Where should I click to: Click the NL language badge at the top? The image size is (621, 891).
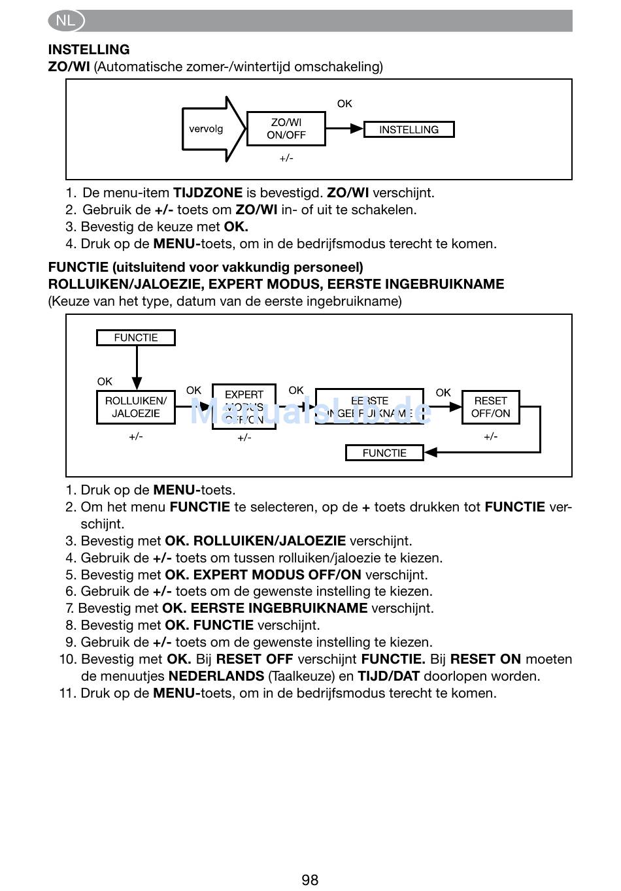66,21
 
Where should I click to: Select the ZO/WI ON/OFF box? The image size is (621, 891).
286,129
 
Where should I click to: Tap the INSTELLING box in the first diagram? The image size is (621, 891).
409,129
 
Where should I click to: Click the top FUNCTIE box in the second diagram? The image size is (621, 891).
136,338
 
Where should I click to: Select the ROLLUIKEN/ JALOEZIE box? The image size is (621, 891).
136,407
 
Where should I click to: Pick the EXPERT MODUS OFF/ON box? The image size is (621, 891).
244,407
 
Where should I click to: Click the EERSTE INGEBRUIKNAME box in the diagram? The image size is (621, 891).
369,407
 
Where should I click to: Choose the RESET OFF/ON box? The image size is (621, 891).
490,407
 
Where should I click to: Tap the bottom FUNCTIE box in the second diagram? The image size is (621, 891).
384,453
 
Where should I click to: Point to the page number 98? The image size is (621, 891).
310,880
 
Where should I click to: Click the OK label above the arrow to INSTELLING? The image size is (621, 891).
344,104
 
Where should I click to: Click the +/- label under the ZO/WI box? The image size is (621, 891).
286,158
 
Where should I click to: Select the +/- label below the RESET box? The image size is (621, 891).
490,436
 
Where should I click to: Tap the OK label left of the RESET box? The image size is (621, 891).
443,393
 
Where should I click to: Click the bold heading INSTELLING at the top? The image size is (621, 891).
89,50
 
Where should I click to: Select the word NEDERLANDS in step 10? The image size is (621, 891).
216,676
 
